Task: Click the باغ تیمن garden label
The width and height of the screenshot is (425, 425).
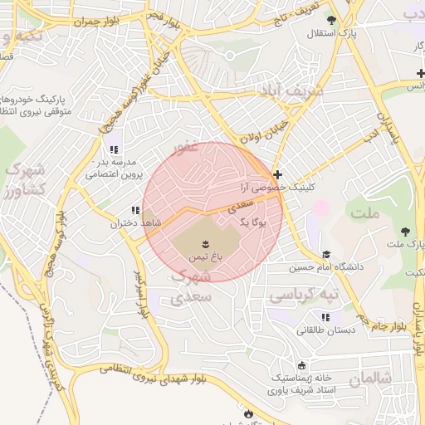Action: tap(204, 257)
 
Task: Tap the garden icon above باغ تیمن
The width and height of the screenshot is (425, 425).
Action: tap(204, 244)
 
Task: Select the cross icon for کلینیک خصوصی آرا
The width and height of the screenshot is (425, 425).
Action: tap(277, 175)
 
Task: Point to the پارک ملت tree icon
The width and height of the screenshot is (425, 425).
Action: tap(406, 232)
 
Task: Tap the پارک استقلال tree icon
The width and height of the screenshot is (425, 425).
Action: tap(333, 20)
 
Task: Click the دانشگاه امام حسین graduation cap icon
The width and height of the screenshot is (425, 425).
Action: tap(326, 255)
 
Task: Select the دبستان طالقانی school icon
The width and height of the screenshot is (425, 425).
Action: tap(326, 317)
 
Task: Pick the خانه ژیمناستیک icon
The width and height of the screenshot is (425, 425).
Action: tap(300, 365)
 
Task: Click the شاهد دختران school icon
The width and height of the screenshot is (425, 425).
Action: tap(134, 211)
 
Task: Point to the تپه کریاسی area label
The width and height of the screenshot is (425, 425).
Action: tap(308, 295)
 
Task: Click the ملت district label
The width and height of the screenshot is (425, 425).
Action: tap(365, 213)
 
